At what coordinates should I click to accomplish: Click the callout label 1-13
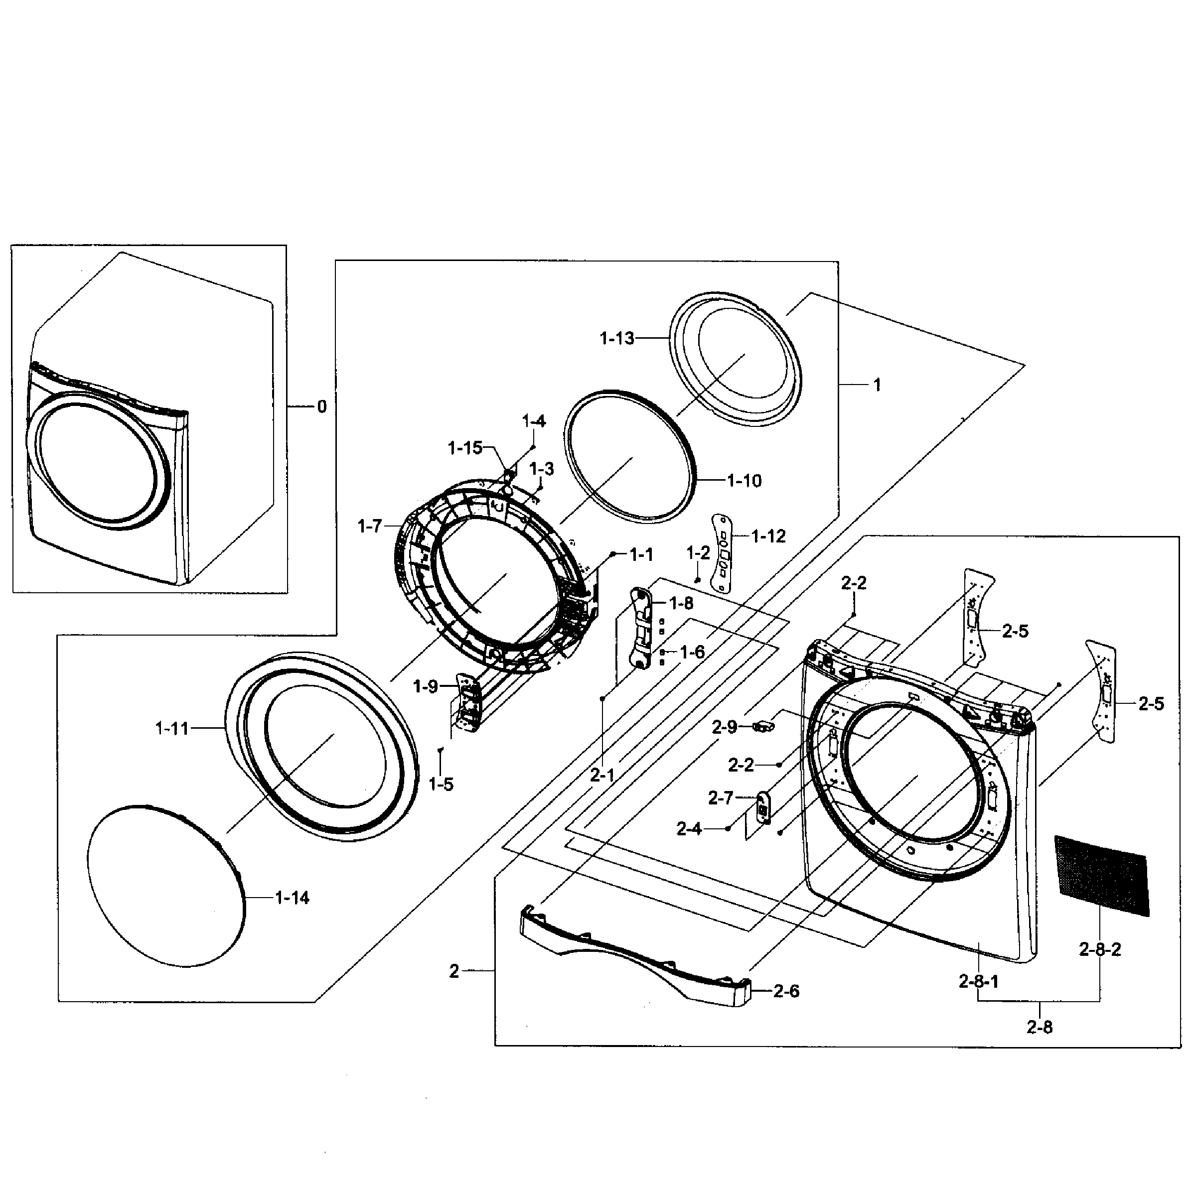pos(617,338)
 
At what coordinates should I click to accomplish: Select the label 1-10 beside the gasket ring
pos(744,481)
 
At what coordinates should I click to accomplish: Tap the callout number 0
pos(322,406)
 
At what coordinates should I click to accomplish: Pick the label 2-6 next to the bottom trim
pos(786,992)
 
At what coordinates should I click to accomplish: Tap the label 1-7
pos(370,526)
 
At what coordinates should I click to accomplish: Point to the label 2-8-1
pos(979,981)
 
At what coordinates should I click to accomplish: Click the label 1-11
pos(171,729)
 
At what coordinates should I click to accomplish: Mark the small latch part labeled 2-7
pos(763,808)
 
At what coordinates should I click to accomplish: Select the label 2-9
pos(725,727)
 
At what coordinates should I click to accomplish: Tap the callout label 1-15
pos(465,448)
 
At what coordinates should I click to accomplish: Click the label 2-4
pos(689,829)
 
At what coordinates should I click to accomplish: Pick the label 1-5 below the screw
pos(441,785)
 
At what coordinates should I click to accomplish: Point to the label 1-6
pos(692,652)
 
